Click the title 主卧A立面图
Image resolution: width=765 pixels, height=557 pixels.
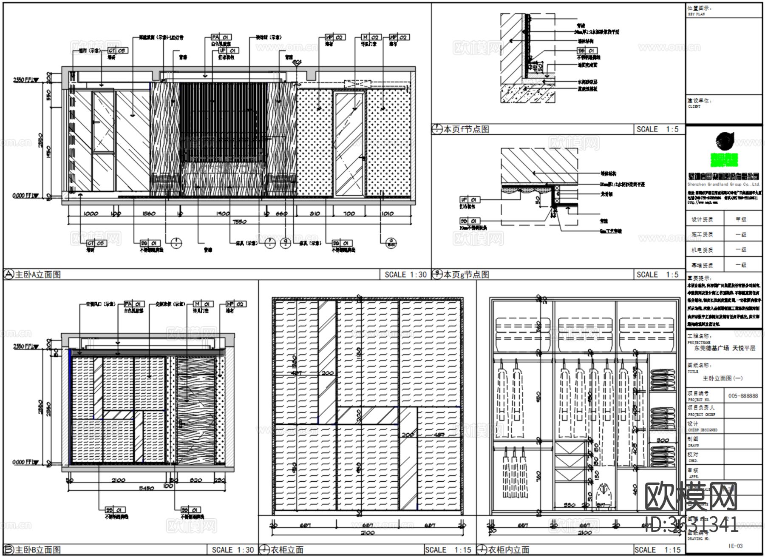point(38,275)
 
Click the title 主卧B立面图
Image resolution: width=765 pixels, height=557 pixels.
point(38,550)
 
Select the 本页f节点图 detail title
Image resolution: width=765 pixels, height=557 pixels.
point(466,129)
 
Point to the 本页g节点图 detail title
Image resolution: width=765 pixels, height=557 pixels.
point(466,275)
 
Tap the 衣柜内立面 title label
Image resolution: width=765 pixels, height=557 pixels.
point(509,550)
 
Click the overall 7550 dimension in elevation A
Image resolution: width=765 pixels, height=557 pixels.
point(240,222)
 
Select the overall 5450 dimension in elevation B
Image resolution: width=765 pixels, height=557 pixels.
point(146,488)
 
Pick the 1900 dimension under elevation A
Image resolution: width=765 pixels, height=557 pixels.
point(223,213)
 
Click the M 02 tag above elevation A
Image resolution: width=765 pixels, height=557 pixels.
point(371,37)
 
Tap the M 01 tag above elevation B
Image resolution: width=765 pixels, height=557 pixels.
point(203,304)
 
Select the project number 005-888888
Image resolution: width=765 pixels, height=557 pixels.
point(742,396)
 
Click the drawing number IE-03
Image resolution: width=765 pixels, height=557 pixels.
point(735,546)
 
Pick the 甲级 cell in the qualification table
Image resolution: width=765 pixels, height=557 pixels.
point(741,219)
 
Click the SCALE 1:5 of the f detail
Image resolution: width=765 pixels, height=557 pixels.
point(657,129)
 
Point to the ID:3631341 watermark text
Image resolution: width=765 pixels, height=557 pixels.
point(691,525)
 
